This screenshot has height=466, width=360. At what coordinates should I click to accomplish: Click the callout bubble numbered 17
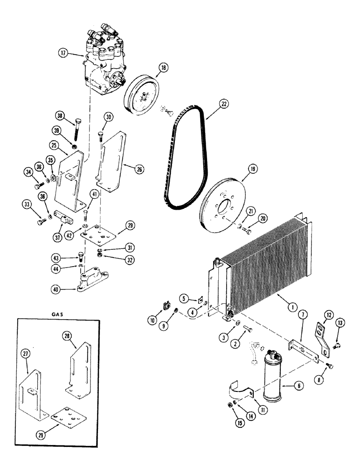point(63,53)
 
